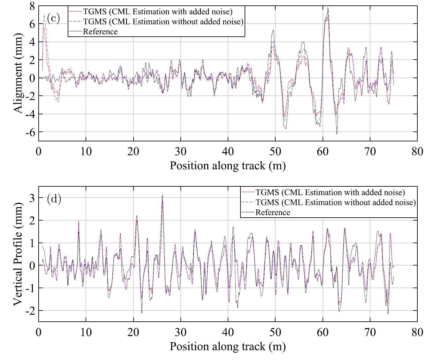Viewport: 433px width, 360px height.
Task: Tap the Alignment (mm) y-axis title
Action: [19, 73]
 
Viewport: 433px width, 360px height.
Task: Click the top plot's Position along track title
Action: [227, 166]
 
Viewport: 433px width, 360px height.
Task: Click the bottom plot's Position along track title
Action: [227, 346]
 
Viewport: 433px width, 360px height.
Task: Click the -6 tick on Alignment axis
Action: [30, 132]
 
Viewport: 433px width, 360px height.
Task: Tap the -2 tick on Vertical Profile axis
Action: [30, 311]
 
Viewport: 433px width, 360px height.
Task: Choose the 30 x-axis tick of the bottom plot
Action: [180, 332]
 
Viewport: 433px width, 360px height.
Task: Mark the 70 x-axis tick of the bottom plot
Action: [370, 332]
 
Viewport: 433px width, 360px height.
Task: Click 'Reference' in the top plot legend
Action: [100, 32]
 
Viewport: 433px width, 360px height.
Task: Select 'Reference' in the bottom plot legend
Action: [273, 213]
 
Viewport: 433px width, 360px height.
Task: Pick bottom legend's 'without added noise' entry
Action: [335, 202]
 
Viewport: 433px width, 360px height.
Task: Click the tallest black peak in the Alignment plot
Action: [328, 8]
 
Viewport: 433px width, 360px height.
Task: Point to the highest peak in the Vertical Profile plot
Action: [162, 195]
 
